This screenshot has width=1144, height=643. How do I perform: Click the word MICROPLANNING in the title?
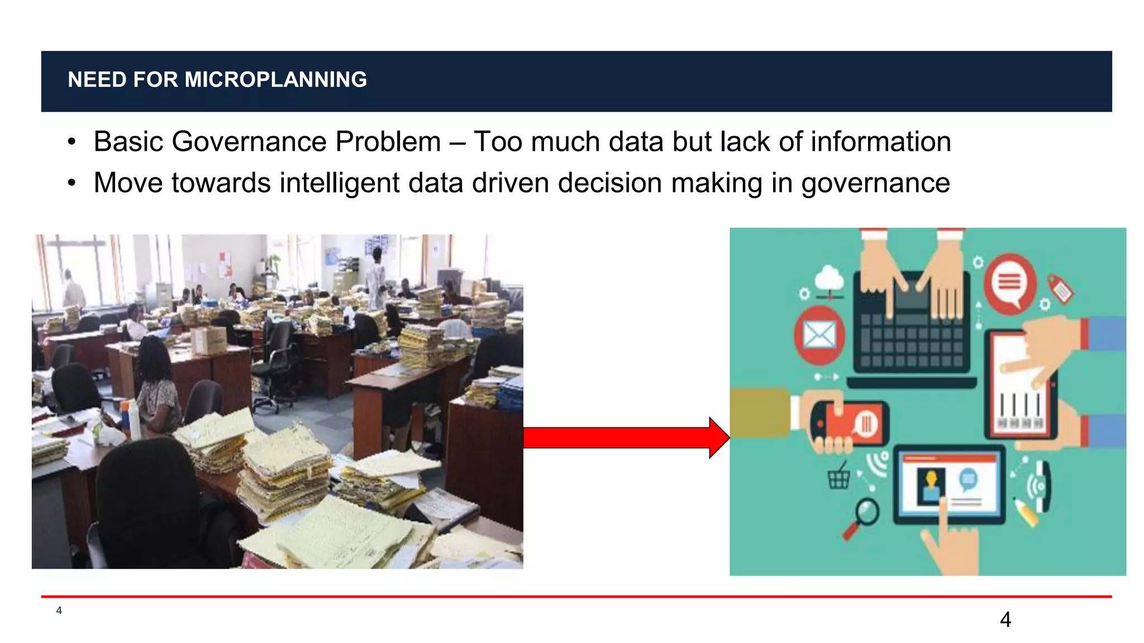[x=275, y=80]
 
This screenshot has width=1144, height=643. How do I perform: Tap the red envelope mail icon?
[x=819, y=335]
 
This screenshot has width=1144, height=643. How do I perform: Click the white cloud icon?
[x=830, y=277]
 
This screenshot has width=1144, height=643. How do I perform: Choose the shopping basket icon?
[x=838, y=478]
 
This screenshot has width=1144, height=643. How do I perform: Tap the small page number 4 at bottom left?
[x=59, y=611]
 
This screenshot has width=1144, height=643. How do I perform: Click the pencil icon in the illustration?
[x=1027, y=512]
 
